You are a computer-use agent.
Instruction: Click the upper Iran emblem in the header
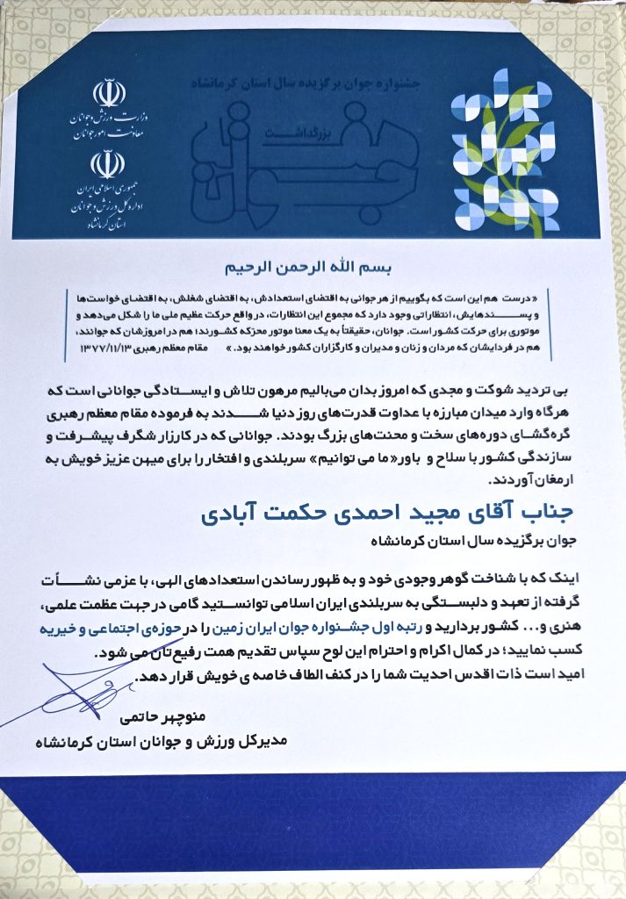tap(105, 91)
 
